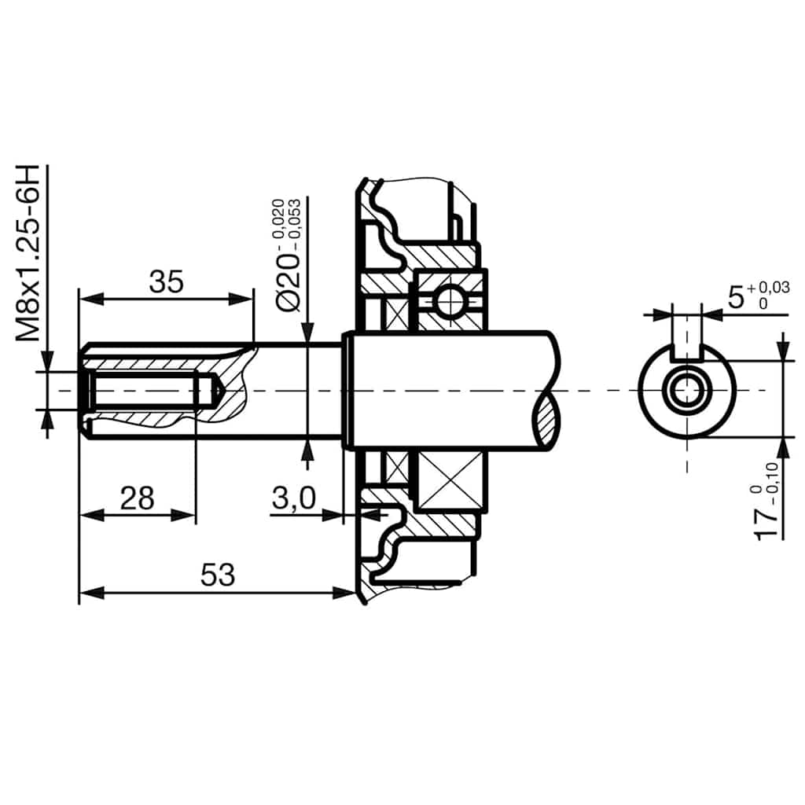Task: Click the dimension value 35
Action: pos(166,281)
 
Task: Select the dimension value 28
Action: pos(137,497)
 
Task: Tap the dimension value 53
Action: pos(218,575)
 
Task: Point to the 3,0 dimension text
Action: pos(293,497)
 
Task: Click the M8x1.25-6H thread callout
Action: pos(29,253)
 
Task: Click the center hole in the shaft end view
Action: pos(687,390)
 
